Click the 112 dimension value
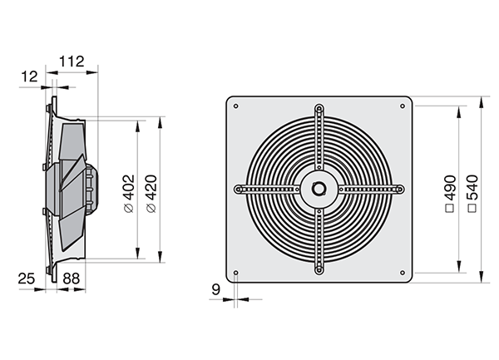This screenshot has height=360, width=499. pos(72,62)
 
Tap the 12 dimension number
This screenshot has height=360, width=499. pos(29,76)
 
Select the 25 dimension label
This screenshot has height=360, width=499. pos(26,279)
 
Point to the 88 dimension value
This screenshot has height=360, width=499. pos(71,279)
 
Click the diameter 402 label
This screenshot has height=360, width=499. pos(129,194)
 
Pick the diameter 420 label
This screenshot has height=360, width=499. pos(151,194)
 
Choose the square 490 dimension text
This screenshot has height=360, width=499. pos(450,194)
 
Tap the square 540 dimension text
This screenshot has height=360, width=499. pos(472,194)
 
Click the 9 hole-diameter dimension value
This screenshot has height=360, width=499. pos(215,289)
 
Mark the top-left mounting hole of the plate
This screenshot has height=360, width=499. pos(236,106)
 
